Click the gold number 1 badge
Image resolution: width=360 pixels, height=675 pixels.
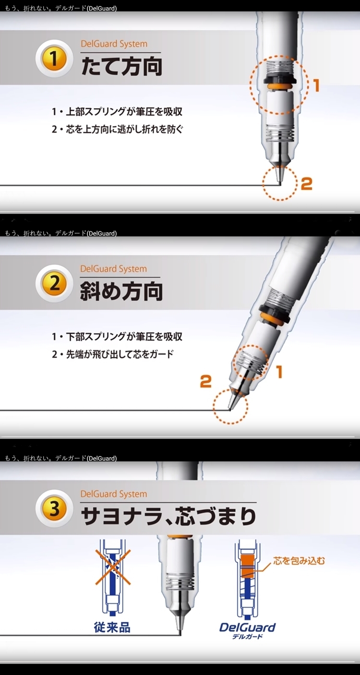54,59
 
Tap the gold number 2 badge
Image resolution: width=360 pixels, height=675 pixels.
54,284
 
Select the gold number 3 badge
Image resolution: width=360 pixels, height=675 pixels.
54,509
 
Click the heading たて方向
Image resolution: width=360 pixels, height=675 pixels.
122,67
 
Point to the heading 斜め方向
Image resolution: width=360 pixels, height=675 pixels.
121,291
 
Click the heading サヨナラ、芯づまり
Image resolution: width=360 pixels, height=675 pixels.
168,516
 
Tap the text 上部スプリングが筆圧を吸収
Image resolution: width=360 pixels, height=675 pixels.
124,112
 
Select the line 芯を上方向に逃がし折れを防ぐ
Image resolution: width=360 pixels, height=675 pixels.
124,129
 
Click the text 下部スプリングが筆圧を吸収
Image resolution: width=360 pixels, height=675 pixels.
124,337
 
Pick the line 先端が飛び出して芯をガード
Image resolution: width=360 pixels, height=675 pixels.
120,354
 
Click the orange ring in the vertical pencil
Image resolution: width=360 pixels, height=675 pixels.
279,87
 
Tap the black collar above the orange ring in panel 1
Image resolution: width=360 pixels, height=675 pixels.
279,80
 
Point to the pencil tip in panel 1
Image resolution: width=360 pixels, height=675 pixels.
280,183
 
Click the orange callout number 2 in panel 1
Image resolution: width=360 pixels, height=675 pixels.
307,184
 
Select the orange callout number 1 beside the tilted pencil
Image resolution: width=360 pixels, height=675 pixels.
279,371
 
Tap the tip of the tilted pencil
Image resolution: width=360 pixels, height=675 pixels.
230,409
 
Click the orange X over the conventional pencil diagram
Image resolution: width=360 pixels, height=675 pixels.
113,567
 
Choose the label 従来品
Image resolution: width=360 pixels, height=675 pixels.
112,627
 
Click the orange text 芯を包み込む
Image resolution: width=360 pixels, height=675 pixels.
299,561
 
